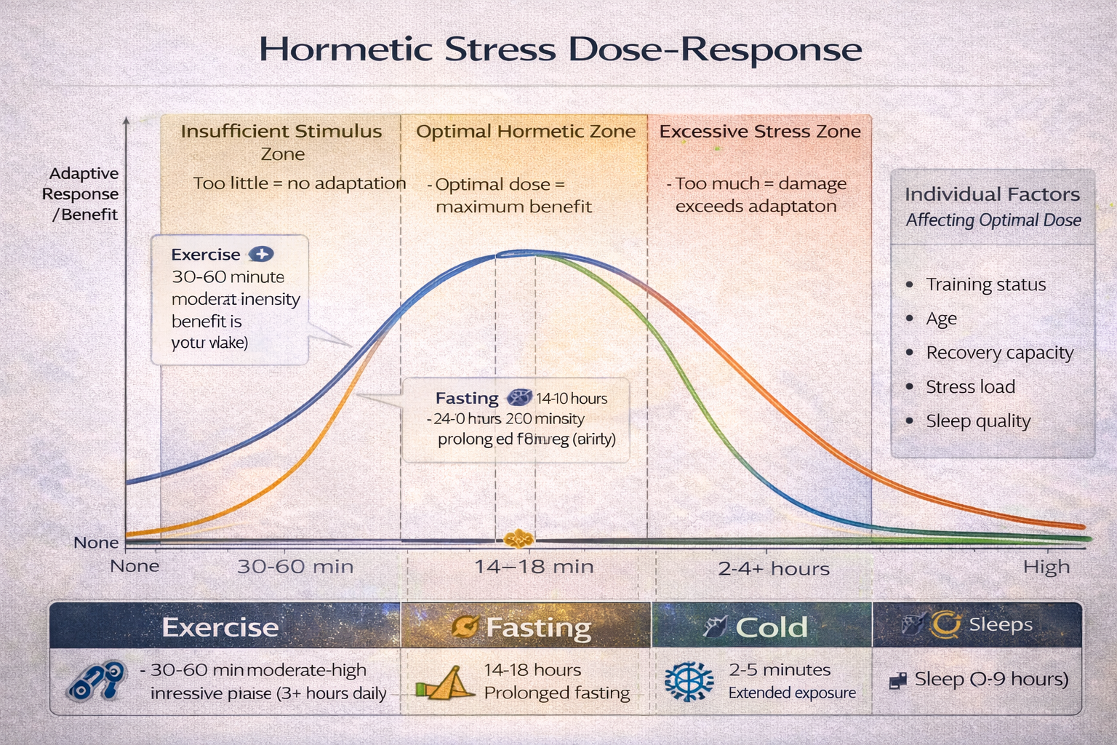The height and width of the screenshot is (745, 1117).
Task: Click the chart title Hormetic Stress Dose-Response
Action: click(560, 49)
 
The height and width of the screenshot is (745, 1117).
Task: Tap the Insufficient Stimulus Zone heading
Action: click(281, 142)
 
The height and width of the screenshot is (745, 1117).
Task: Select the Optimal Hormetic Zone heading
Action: click(525, 132)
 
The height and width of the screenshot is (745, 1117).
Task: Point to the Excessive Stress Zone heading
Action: click(760, 132)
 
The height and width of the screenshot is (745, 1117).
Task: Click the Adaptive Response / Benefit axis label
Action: click(81, 194)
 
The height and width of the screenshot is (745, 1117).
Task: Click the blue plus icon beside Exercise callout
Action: click(261, 254)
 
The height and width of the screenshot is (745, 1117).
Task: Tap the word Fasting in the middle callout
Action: click(467, 398)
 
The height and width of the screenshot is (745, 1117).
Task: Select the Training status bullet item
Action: click(985, 284)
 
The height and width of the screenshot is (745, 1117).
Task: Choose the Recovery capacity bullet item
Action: click(999, 353)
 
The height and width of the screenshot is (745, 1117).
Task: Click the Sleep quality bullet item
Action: click(978, 421)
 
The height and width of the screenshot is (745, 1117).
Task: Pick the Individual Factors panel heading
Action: click(992, 194)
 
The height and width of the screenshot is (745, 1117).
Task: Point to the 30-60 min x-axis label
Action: click(295, 567)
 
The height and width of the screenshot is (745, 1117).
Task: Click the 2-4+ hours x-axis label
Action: click(774, 568)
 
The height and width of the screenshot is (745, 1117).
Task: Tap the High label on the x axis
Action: click(1046, 567)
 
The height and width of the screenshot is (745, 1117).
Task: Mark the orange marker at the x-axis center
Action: click(519, 539)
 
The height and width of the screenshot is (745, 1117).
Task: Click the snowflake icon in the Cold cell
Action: click(689, 682)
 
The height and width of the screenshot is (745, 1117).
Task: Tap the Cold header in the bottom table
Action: click(771, 626)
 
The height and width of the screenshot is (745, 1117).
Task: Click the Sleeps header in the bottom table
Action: click(1001, 624)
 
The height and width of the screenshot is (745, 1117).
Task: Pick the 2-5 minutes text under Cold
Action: click(780, 669)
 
